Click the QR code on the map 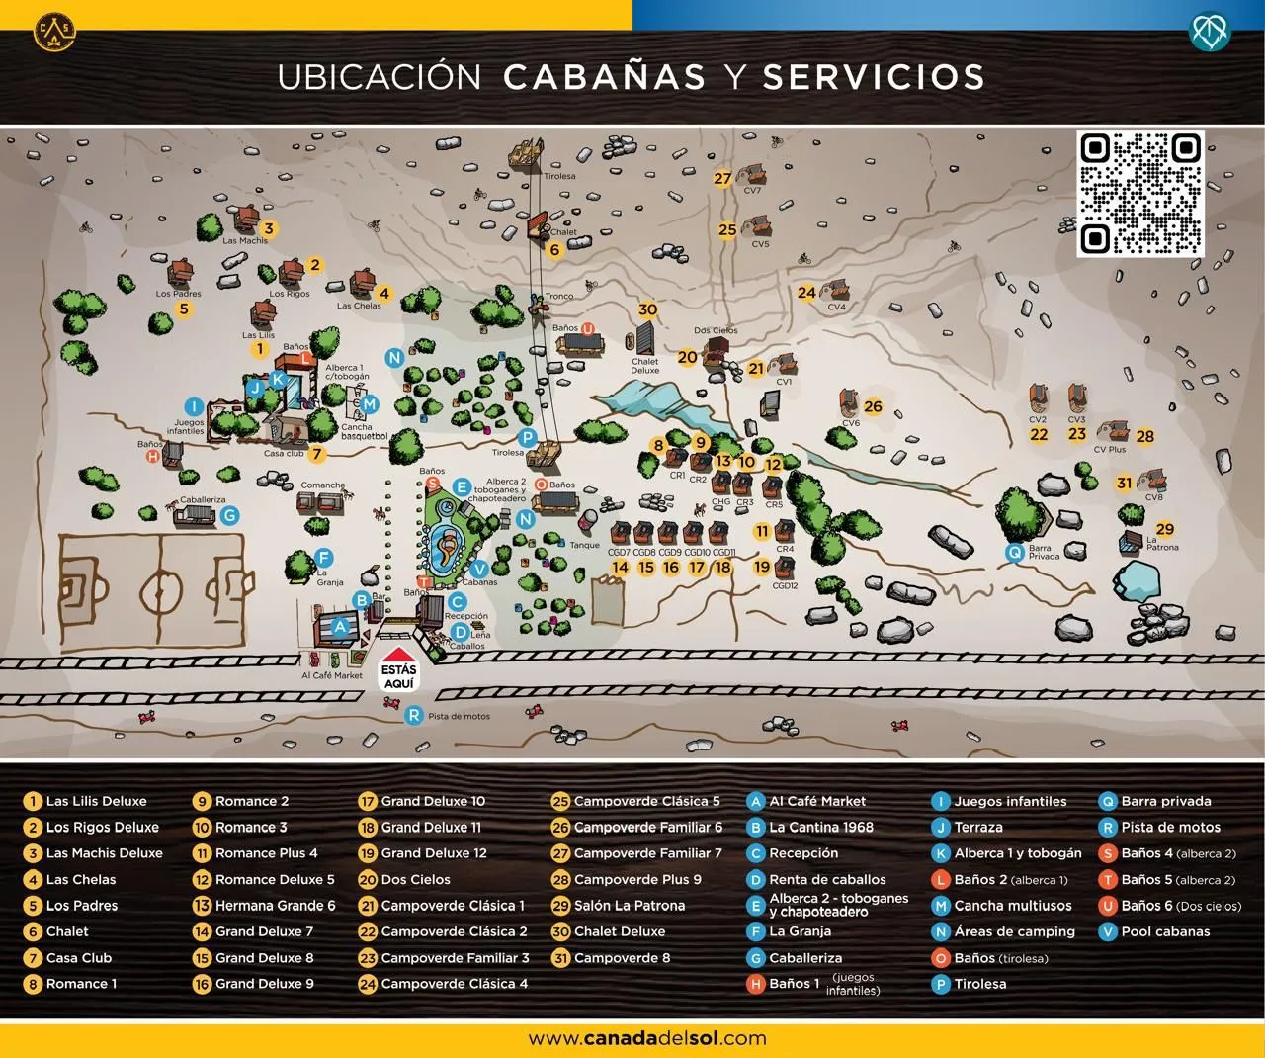tap(1139, 194)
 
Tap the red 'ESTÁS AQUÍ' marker tap(399, 670)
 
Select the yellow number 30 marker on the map tap(647, 309)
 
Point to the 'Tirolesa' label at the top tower tap(558, 177)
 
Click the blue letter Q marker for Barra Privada tap(1014, 553)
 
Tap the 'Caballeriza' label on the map tap(196, 500)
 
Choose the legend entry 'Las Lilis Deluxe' tap(96, 802)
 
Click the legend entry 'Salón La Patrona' tap(629, 906)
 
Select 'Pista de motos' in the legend tap(1170, 828)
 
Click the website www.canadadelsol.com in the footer tap(647, 1038)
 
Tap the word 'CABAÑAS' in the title tap(605, 76)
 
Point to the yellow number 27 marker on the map tap(723, 179)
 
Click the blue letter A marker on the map tap(341, 626)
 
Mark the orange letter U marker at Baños tap(587, 328)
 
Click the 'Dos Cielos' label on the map tap(716, 331)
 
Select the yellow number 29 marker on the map tap(1165, 529)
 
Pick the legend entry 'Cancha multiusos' tap(1012, 906)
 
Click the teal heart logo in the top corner tap(1210, 32)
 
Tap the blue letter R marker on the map tap(414, 716)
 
